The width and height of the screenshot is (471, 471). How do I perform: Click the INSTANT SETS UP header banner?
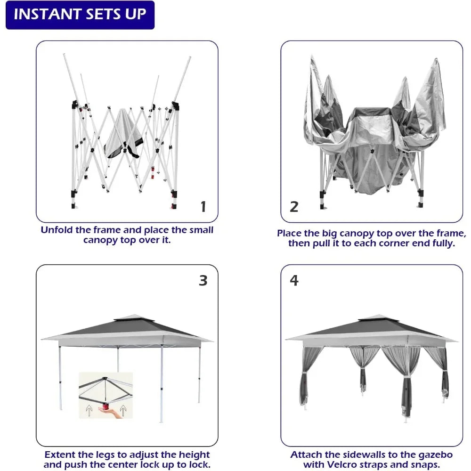tap(80, 15)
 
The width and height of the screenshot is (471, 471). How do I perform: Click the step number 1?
tap(203, 206)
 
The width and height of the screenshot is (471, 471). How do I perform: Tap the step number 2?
tap(294, 206)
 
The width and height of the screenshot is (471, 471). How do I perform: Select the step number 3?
tap(203, 281)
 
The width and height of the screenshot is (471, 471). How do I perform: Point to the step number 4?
tap(294, 281)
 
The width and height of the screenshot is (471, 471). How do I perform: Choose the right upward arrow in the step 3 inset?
tap(123, 410)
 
